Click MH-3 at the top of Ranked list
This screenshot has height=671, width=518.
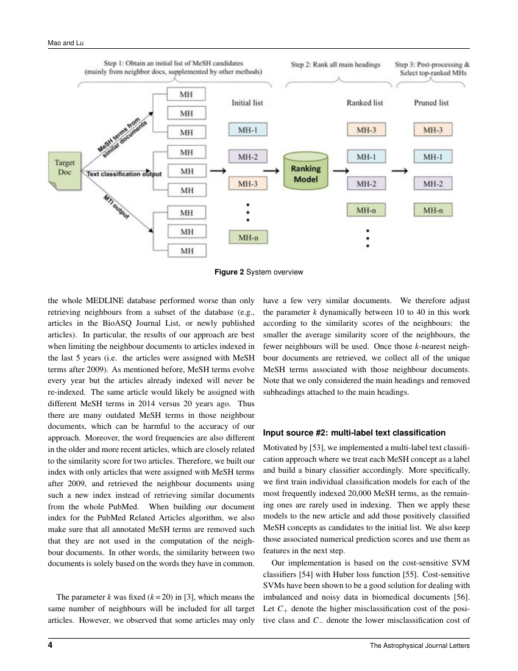[366, 130]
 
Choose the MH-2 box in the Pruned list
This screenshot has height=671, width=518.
[432, 183]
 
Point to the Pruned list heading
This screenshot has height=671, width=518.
[432, 103]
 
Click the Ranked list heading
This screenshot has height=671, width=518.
[365, 103]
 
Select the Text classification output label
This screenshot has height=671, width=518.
[124, 174]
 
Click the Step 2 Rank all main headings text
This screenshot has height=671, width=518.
[335, 64]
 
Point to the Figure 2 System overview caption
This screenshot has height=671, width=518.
[258, 271]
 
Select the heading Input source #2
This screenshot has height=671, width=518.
[353, 433]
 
